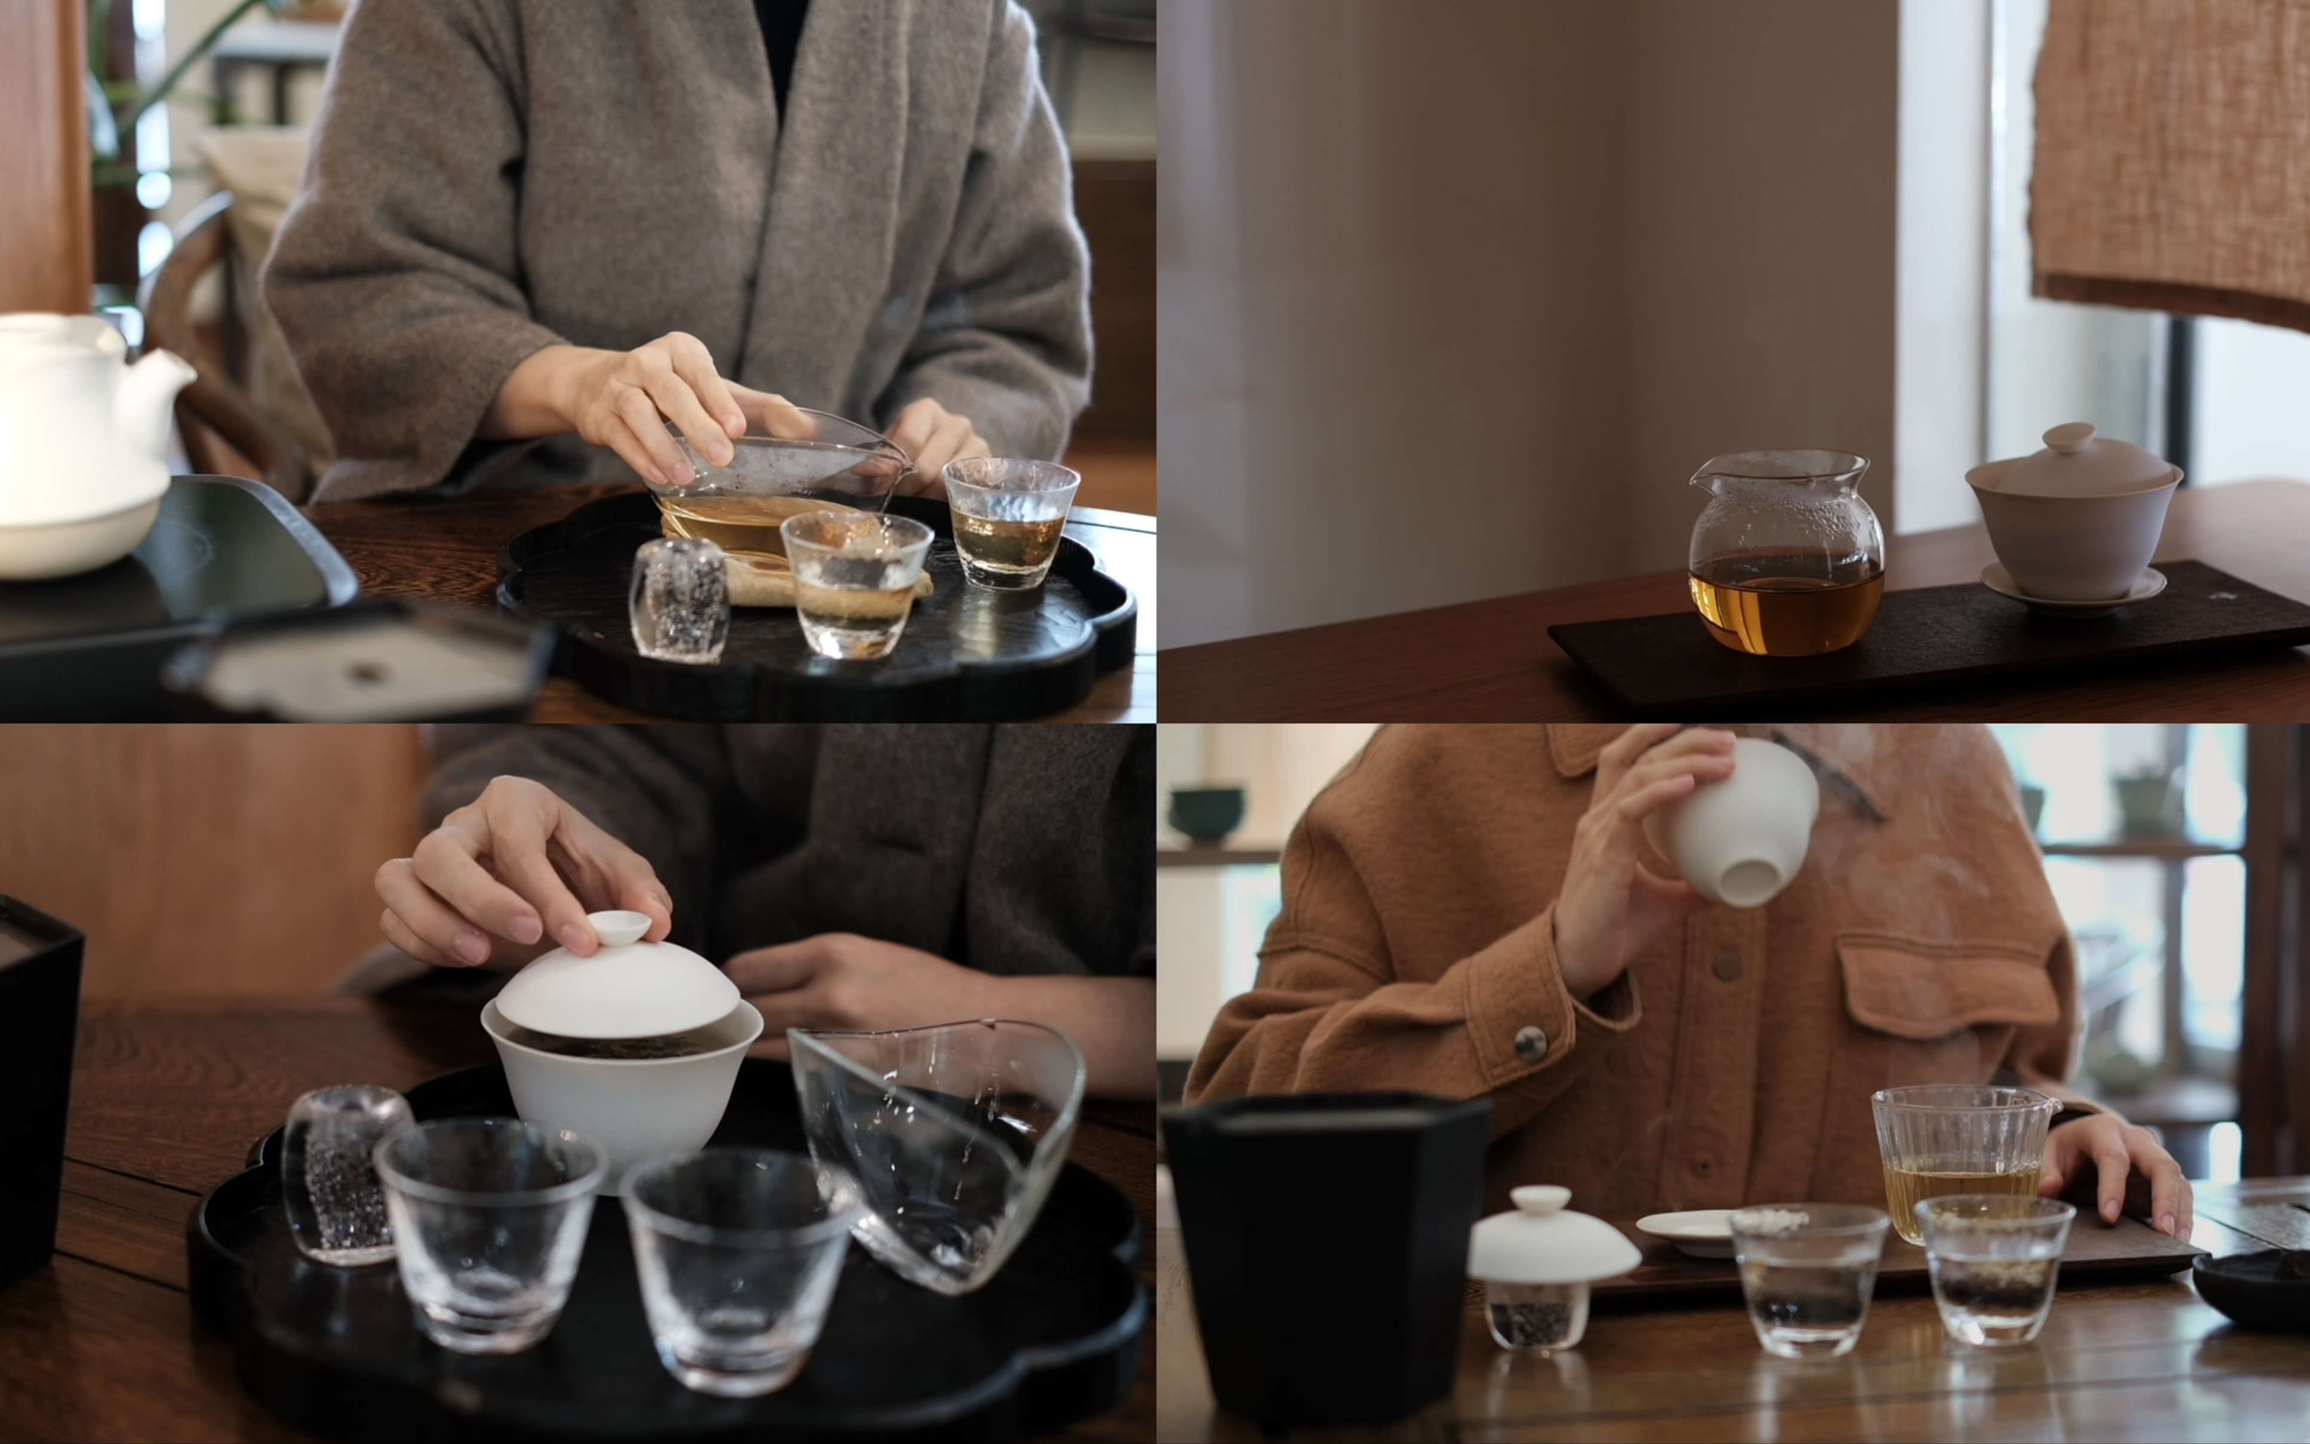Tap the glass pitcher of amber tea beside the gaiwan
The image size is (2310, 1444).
pos(1785,559)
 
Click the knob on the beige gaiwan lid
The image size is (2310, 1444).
pos(2069,437)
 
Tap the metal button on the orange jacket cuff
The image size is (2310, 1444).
pos(1530,1043)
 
